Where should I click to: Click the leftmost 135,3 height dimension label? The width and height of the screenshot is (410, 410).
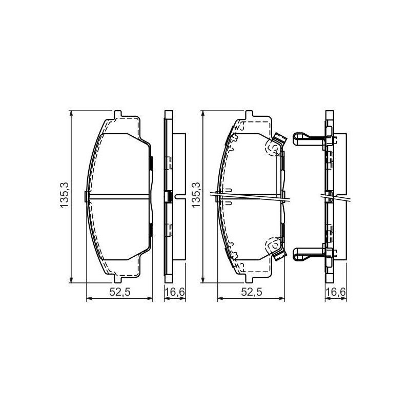pos(65,195)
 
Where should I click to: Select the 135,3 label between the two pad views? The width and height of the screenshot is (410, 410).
pos(196,195)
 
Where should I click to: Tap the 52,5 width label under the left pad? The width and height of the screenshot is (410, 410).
pos(120,292)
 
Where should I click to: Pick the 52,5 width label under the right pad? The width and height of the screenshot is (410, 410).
pos(252,292)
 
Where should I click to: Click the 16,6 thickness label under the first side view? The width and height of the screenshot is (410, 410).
pos(175,292)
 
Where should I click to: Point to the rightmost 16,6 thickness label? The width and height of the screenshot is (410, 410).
pos(336,292)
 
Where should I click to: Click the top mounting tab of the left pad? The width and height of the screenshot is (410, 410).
pos(118,114)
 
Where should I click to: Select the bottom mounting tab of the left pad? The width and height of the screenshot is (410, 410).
pos(118,279)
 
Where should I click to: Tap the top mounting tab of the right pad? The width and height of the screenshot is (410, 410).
pos(249,114)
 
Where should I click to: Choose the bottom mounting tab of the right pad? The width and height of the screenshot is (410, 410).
pos(249,279)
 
